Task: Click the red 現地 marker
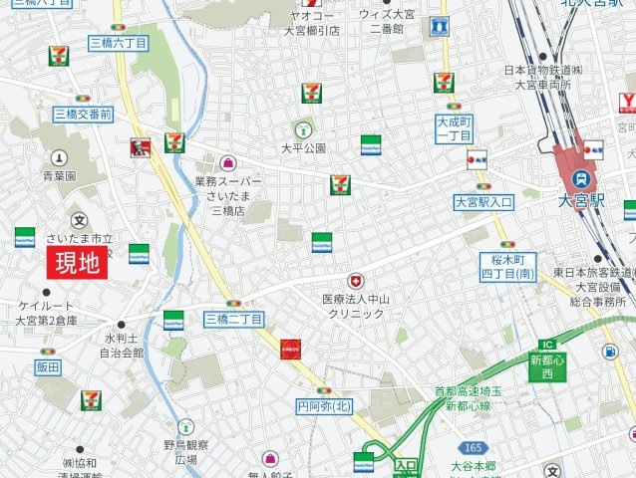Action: [77, 263]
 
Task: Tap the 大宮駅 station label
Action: [583, 200]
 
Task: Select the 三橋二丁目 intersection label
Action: [233, 319]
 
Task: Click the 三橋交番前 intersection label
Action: [83, 116]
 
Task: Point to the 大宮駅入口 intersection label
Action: [482, 202]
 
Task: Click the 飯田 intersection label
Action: [48, 367]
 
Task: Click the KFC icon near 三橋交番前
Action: [139, 148]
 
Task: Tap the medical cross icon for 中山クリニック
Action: [355, 282]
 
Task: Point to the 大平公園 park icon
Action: [303, 129]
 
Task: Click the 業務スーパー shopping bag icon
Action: [228, 162]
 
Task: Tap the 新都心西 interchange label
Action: [547, 366]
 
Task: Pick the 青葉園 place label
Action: [59, 175]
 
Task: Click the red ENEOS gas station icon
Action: [291, 349]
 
